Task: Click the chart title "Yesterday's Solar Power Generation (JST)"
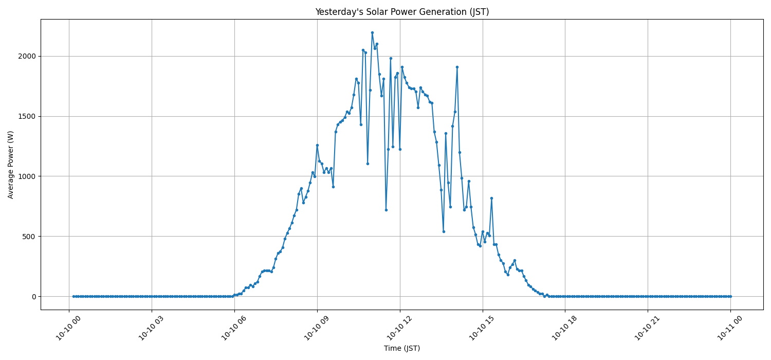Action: (402, 12)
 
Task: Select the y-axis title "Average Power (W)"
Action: (11, 165)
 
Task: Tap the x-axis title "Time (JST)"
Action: (402, 348)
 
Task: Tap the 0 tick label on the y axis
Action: (32, 297)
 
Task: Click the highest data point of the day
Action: (372, 32)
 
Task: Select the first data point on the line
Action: (74, 296)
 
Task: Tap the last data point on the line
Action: (730, 296)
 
